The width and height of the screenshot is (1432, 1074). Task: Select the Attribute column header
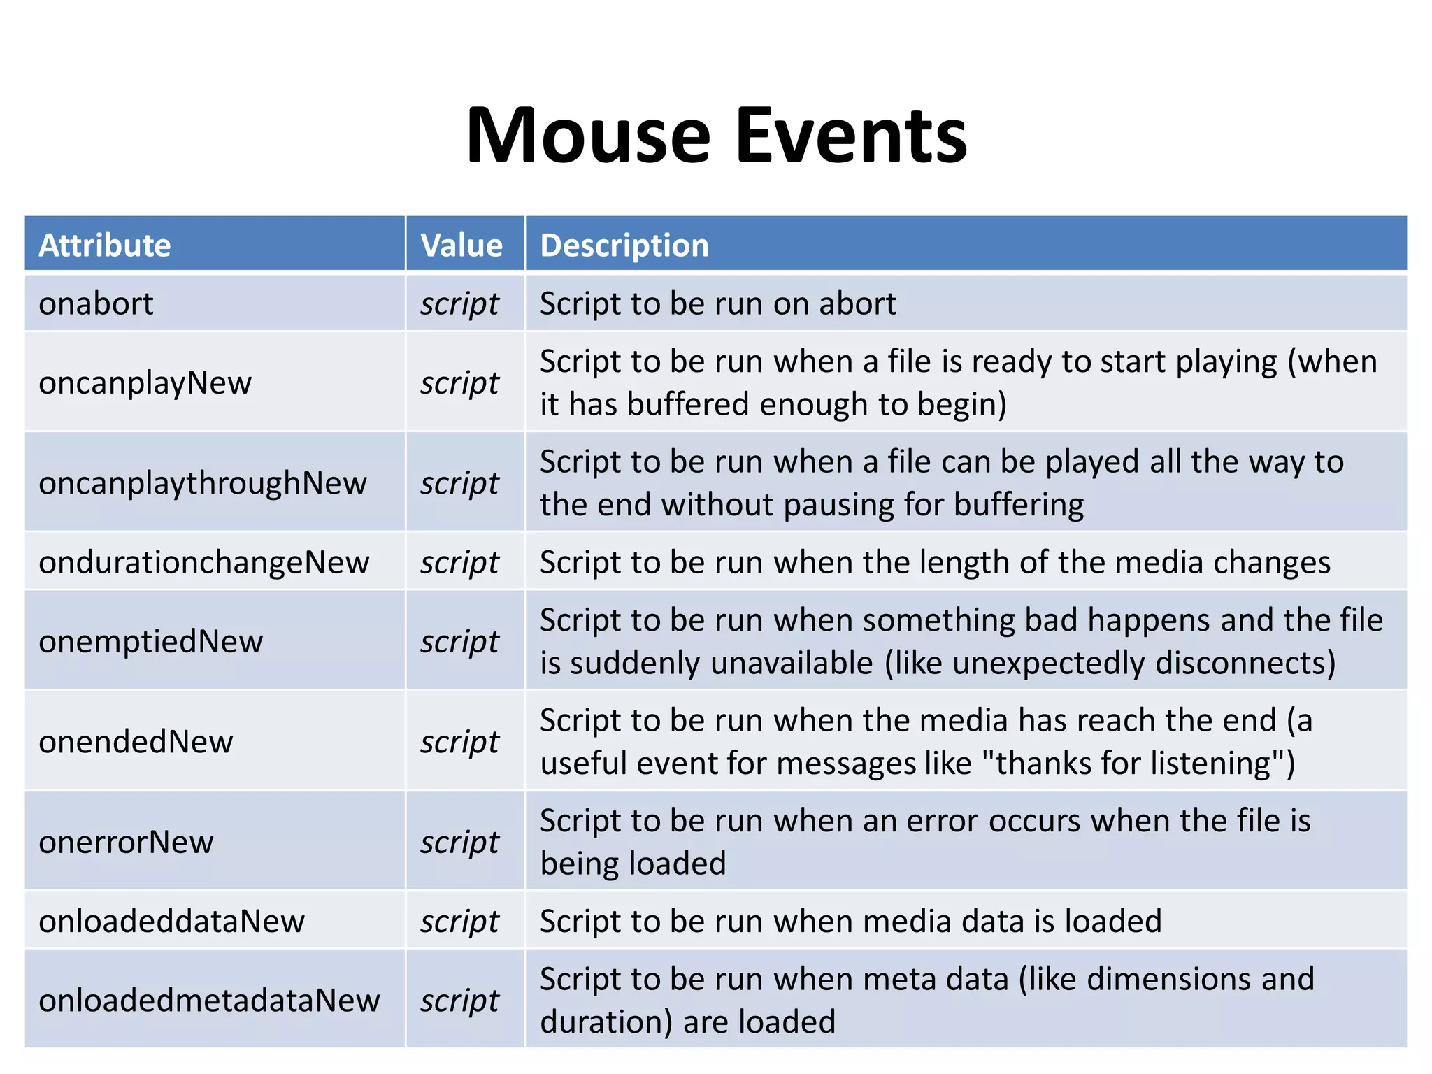105,245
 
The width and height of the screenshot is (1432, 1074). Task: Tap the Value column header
461,245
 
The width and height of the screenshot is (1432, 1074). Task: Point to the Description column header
624,245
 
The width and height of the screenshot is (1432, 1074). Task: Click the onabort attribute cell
96,304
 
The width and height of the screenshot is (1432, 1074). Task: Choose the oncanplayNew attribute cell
145,383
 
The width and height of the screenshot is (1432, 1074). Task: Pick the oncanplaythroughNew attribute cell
203,483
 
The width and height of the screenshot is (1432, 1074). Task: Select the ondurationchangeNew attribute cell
204,562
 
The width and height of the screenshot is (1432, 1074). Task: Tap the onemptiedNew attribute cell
151,641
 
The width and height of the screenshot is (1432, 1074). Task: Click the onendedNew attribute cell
136,742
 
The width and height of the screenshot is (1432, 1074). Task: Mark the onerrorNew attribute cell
127,842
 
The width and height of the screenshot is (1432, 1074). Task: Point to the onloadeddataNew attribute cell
172,921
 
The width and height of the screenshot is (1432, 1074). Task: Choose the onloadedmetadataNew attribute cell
210,1001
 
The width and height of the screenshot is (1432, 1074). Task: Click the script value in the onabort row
460,304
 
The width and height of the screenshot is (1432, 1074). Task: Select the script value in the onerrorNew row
460,843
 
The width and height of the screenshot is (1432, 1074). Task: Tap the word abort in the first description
857,304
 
